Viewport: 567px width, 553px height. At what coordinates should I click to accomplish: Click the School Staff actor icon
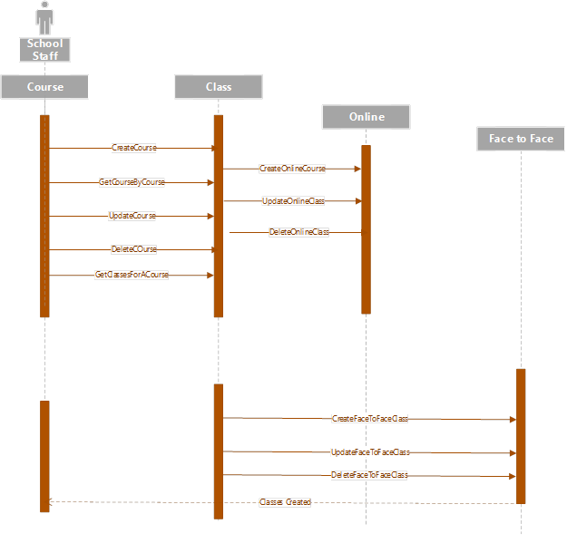(x=44, y=17)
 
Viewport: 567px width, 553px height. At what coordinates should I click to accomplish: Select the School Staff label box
(x=44, y=50)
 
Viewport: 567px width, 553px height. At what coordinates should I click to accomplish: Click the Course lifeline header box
(x=45, y=87)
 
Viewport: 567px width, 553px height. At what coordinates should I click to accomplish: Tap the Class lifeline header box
(x=219, y=87)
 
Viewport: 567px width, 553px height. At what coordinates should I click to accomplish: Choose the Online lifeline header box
(x=367, y=117)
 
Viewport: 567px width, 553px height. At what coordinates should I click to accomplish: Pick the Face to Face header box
(x=521, y=139)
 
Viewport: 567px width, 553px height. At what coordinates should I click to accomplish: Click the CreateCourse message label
(x=134, y=148)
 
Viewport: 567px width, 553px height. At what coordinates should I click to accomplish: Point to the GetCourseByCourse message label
(x=132, y=182)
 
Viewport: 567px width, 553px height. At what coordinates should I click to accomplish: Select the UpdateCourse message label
(x=132, y=216)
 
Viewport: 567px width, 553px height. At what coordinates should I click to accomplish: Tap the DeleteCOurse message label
(x=133, y=249)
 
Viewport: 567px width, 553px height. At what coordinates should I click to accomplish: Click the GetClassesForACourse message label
(x=132, y=275)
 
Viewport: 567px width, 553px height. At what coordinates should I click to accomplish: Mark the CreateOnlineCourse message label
(x=292, y=169)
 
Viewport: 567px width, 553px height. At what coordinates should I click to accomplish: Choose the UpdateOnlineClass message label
(x=293, y=201)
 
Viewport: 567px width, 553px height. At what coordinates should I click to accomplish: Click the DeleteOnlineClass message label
(x=298, y=233)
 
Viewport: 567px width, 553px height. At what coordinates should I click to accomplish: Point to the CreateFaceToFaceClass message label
(x=369, y=419)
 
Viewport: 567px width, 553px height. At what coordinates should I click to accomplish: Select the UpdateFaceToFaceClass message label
(x=369, y=452)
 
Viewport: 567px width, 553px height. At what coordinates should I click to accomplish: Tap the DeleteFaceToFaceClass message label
(x=369, y=475)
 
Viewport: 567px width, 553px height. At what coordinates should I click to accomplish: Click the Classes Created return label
(x=285, y=502)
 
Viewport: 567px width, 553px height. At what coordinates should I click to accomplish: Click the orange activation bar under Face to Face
(x=521, y=435)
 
